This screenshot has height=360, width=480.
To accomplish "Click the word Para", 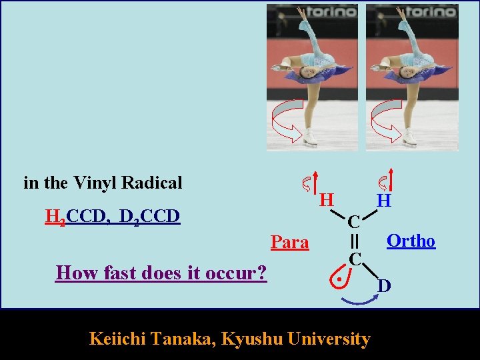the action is click(x=290, y=242).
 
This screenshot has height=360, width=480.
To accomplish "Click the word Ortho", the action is click(x=411, y=241).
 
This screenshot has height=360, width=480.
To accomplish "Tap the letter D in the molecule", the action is click(x=385, y=286).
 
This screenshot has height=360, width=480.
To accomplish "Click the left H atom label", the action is click(x=325, y=199).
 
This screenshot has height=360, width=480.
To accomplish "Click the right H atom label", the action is click(x=383, y=199).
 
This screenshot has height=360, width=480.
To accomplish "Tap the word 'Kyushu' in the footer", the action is click(x=250, y=339).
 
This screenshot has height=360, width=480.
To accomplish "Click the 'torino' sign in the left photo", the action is click(x=331, y=13).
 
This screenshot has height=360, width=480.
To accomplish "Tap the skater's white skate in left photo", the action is click(x=310, y=139).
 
